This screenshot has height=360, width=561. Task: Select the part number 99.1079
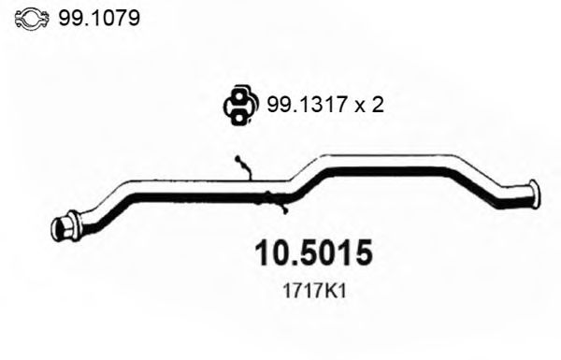point(95,17)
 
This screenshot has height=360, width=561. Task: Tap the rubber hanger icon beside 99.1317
point(239,105)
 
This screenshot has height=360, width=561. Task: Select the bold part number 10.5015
point(314,253)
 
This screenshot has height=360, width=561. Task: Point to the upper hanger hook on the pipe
point(243,166)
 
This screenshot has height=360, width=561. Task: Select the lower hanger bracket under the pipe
point(274,197)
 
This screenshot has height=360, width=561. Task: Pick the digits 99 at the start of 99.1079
point(68,17)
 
